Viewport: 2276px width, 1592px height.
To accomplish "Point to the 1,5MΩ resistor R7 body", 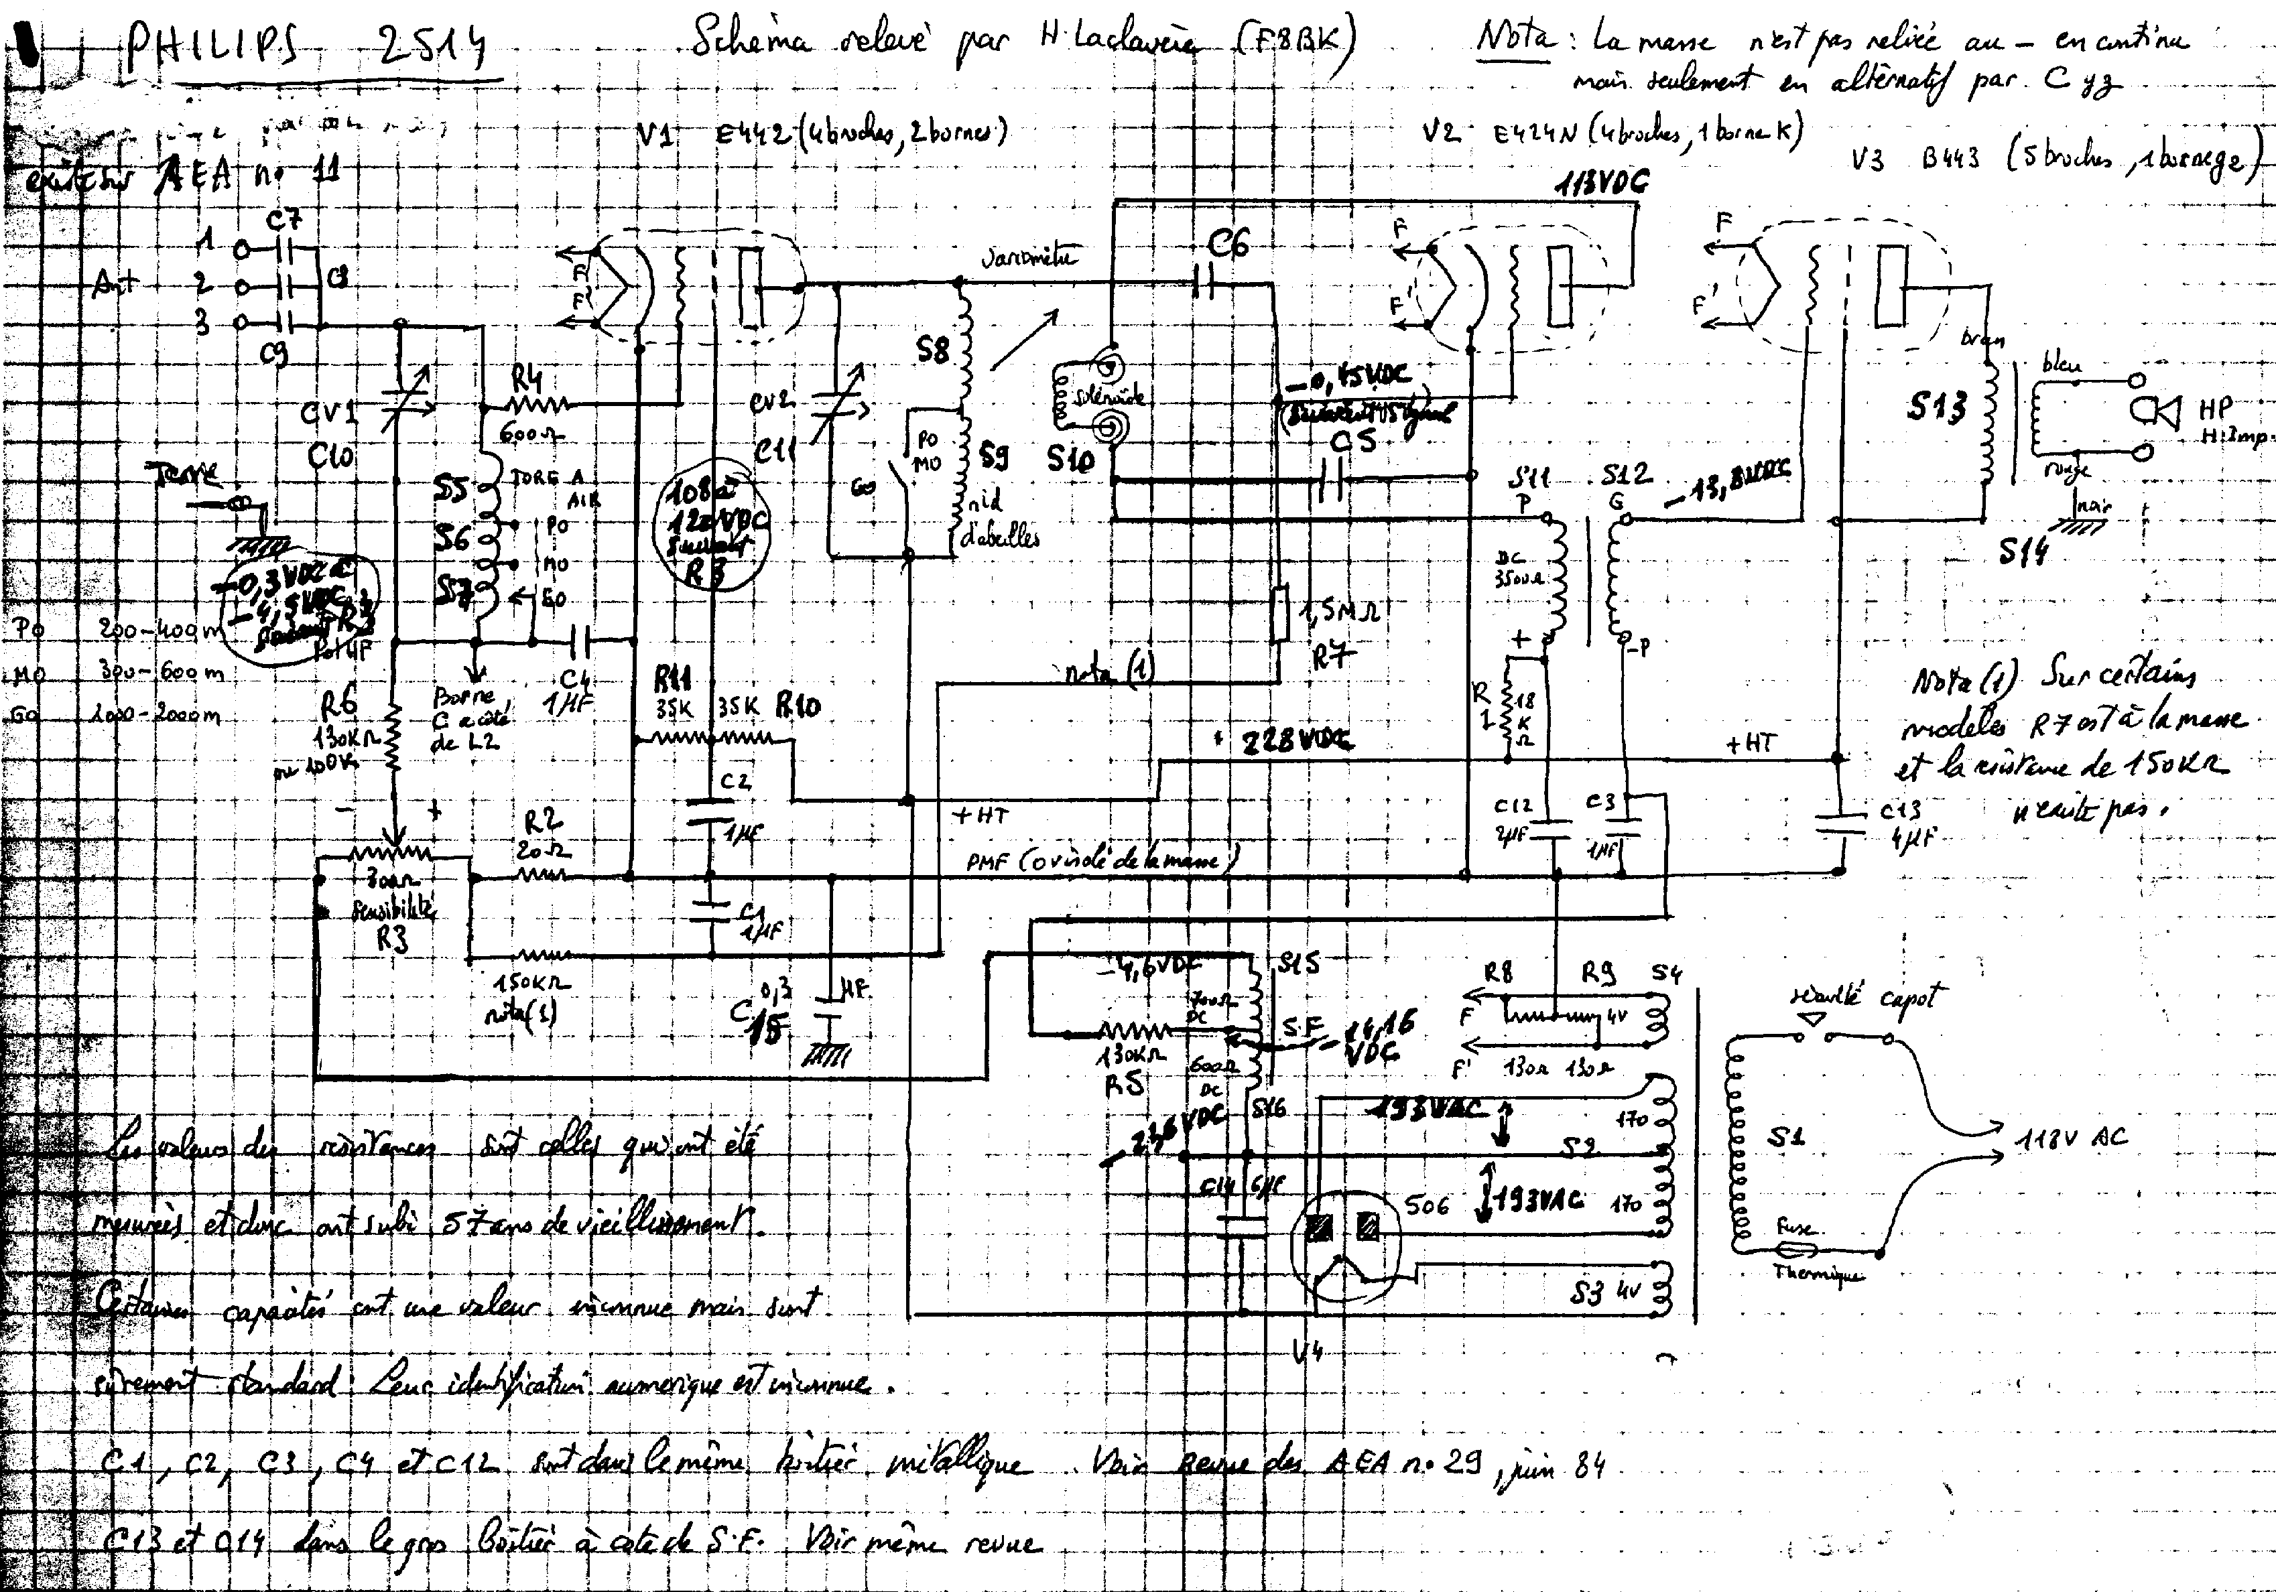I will [x=1280, y=614].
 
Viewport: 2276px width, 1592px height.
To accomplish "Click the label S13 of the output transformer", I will [x=1936, y=407].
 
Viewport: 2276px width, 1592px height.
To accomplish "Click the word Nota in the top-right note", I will [x=1514, y=40].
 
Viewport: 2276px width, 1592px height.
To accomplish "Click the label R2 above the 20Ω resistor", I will [x=544, y=820].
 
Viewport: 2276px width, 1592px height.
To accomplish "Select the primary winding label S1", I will [x=1785, y=1138].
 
